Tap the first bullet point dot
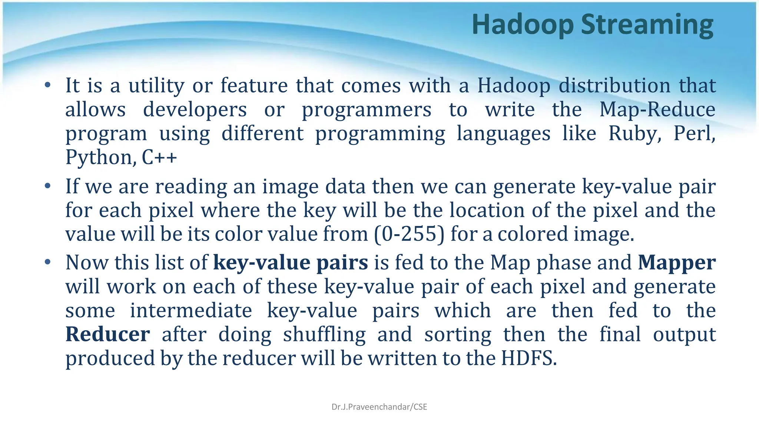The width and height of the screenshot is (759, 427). tap(47, 86)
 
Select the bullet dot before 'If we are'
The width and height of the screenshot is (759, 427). tap(47, 186)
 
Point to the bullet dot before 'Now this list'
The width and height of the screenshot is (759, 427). tap(47, 262)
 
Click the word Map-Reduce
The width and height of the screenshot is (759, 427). tap(657, 110)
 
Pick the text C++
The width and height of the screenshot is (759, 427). tap(159, 158)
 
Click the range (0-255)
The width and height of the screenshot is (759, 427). tap(409, 234)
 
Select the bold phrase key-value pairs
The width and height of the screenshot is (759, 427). tap(291, 262)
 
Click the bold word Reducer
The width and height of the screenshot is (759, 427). tap(107, 334)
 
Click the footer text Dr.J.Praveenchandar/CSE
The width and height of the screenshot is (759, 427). tap(379, 407)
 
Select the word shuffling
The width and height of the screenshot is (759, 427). tap(324, 334)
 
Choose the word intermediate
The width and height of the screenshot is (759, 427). tap(191, 311)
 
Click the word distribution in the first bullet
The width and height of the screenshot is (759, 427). tap(614, 86)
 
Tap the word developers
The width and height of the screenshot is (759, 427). tap(195, 110)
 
